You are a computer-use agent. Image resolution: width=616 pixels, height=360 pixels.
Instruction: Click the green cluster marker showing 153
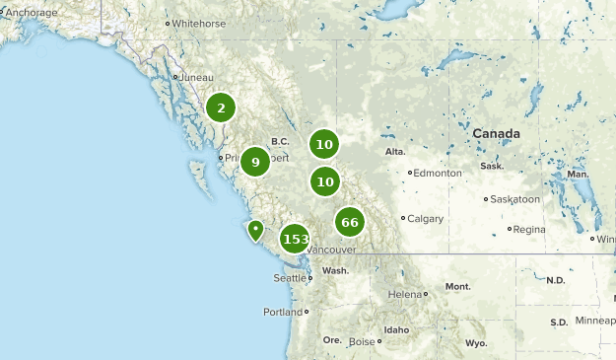click(295, 239)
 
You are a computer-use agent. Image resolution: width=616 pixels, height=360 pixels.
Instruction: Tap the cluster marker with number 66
click(349, 222)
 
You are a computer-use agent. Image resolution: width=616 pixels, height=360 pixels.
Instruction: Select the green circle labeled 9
click(255, 162)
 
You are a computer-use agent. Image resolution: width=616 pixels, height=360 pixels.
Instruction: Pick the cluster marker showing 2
click(221, 108)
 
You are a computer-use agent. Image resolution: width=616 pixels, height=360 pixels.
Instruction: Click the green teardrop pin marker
click(255, 231)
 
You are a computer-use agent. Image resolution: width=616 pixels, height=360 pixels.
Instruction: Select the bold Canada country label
click(496, 133)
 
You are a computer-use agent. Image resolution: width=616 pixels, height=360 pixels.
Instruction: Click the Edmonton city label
click(438, 173)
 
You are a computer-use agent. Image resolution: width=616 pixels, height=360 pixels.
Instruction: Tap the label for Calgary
click(425, 218)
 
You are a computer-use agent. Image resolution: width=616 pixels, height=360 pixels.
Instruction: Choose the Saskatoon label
click(515, 198)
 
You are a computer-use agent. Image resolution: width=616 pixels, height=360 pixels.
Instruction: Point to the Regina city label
click(529, 229)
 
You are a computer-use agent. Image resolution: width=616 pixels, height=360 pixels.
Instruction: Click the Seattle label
click(290, 278)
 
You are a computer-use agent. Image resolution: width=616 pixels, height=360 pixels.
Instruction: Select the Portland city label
click(283, 312)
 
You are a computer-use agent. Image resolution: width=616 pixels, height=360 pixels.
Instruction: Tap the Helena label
click(405, 294)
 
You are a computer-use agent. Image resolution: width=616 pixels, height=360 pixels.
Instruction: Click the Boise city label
click(363, 341)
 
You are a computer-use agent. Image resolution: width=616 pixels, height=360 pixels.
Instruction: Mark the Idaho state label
click(396, 329)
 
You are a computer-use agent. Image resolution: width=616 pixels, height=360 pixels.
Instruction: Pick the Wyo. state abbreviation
click(476, 342)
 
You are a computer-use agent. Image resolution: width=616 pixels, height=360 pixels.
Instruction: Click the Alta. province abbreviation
click(395, 152)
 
